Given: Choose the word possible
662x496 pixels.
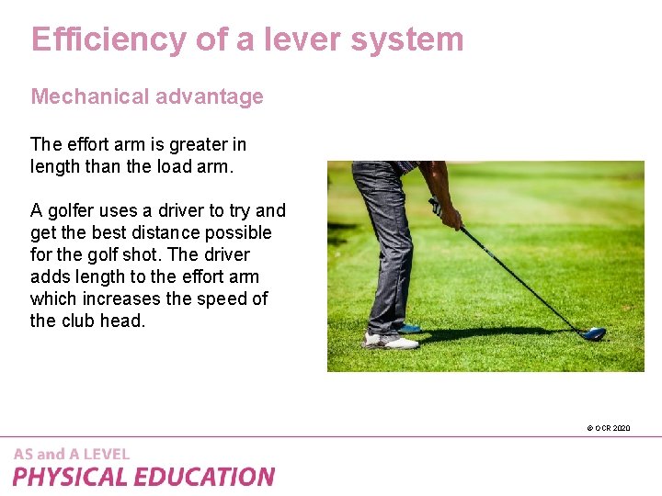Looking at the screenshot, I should tap(242, 232).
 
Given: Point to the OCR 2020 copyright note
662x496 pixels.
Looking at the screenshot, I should tap(608, 428).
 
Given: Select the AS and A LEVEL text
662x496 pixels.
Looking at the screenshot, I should tap(72, 454).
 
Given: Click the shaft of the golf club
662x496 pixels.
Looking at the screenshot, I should tap(524, 279).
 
